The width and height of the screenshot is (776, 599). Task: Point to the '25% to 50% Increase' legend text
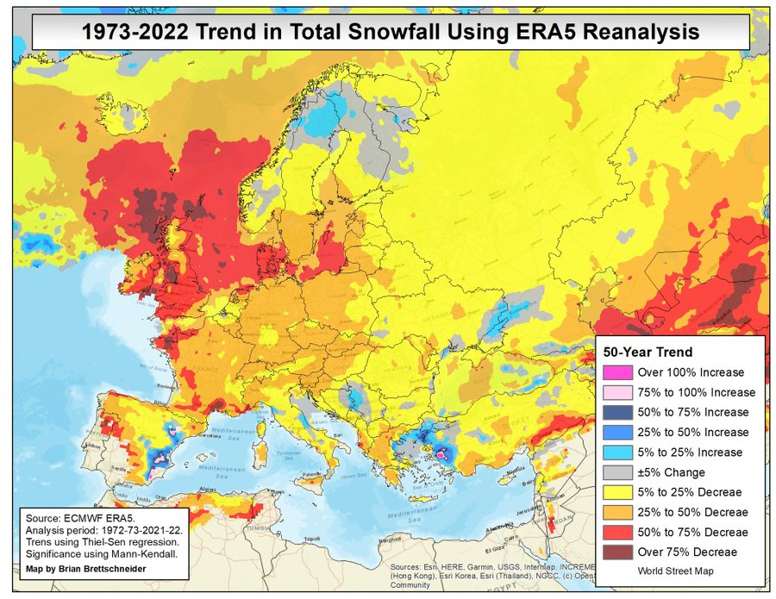click(x=693, y=433)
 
